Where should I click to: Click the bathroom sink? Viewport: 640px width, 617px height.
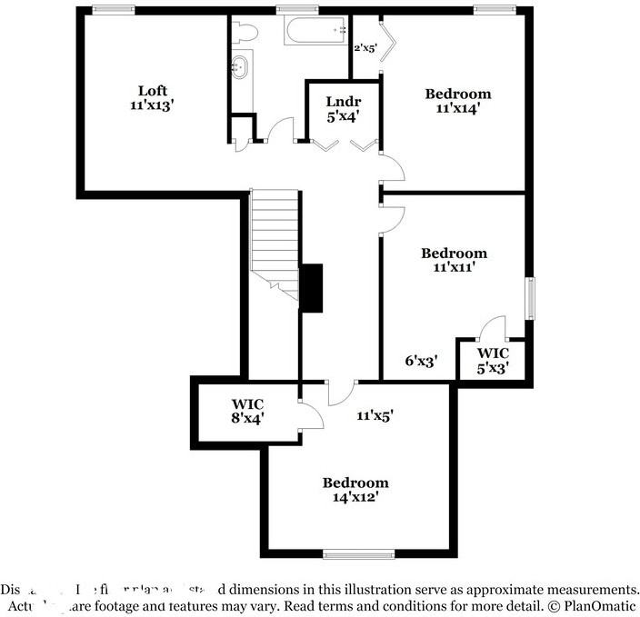pyautogui.click(x=241, y=68)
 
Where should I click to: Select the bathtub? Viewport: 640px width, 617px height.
pyautogui.click(x=314, y=32)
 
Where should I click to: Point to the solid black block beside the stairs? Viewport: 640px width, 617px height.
pyautogui.click(x=311, y=288)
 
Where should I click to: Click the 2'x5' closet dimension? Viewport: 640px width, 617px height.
pyautogui.click(x=365, y=47)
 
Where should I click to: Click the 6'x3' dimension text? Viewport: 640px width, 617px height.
pyautogui.click(x=422, y=361)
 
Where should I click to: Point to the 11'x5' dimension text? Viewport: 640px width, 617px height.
pyautogui.click(x=374, y=415)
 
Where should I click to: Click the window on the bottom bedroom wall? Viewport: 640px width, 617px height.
pyautogui.click(x=358, y=552)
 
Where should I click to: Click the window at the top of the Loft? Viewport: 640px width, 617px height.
pyautogui.click(x=108, y=10)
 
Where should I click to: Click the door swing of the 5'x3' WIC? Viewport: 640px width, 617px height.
pyautogui.click(x=493, y=326)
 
